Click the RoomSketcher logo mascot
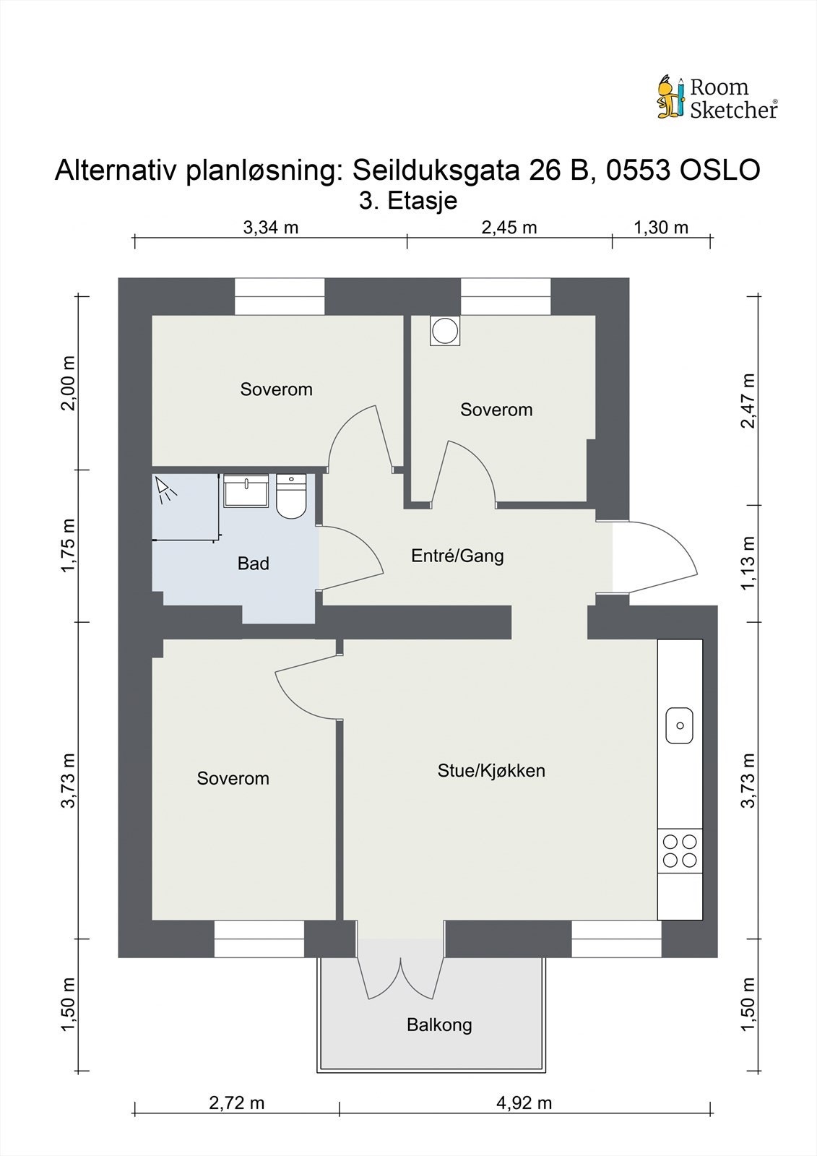670,97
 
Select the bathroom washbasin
246,491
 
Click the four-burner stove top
680,850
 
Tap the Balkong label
439,1025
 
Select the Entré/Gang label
457,556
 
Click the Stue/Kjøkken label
491,770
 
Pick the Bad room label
253,564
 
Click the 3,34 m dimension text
271,228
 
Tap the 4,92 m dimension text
524,1103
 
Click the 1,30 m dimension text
661,228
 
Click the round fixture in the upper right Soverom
444,332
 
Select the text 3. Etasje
408,200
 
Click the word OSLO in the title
719,171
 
